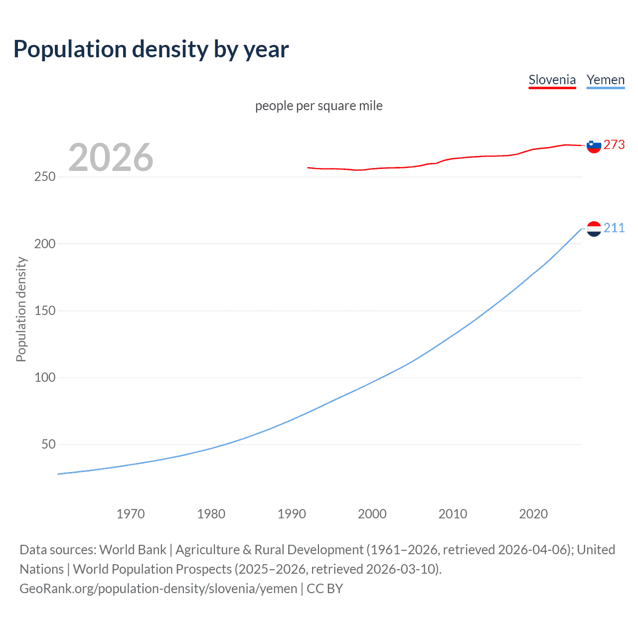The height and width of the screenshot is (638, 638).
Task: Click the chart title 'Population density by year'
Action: coord(151,49)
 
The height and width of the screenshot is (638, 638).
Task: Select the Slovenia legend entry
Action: coord(552,80)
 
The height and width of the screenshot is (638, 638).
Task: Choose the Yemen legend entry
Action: coord(605,80)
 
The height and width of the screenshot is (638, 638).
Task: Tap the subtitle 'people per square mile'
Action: coord(319,106)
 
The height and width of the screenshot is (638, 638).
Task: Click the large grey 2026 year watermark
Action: coord(111,158)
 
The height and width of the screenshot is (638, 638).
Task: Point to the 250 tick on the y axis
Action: coord(45,177)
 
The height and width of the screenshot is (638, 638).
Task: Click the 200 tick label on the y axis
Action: coord(45,244)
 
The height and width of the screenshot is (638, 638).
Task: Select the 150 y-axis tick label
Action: coord(45,311)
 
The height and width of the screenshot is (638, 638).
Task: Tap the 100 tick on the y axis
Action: coord(45,377)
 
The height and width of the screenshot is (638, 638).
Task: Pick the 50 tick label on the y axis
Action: coord(48,444)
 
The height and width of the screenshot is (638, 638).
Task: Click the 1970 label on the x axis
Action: coord(131,514)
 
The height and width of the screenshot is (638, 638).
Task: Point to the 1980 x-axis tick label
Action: coord(211,514)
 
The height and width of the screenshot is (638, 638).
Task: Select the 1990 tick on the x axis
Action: coord(292,514)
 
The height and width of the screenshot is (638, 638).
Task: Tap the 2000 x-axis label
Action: coord(372,514)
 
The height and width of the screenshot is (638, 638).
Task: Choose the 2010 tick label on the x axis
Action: coord(453,514)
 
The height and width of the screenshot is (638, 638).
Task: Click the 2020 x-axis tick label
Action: coord(533,514)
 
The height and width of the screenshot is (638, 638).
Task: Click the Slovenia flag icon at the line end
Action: coord(594,146)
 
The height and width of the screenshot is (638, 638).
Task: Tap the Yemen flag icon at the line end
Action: coord(594,229)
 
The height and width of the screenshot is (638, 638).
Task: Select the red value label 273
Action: coord(614,145)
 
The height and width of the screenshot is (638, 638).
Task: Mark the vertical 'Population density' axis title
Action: coord(21,309)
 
